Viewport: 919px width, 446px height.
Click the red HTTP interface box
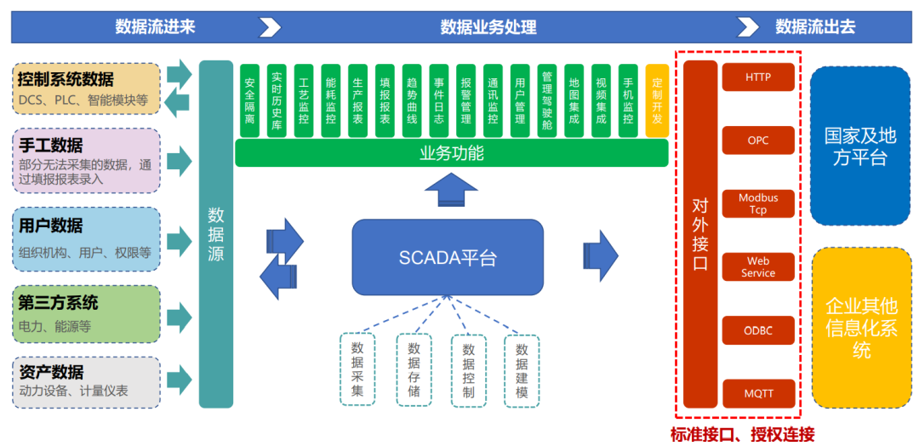coord(758,77)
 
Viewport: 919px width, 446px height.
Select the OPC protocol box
coord(758,140)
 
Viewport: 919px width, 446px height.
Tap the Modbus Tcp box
coord(758,203)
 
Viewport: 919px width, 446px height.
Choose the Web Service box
coord(758,266)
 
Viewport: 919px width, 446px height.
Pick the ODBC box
coord(758,330)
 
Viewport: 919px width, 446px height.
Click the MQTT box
coord(758,393)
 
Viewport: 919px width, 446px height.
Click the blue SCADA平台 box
coord(448,257)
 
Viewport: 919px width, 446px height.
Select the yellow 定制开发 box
coord(657,100)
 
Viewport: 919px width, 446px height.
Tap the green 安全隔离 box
coord(251,100)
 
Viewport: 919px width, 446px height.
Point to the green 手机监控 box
coord(628,100)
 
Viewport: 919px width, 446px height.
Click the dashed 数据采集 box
coord(357,369)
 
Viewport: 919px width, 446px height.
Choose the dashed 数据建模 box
coord(522,370)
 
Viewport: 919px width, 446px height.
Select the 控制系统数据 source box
coord(86,89)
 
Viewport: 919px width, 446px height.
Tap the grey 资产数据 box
coord(86,382)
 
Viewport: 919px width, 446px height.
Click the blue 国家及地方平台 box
coord(860,146)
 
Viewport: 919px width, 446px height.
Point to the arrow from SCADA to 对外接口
coord(601,256)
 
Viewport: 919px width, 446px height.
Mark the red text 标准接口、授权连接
coord(743,435)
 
